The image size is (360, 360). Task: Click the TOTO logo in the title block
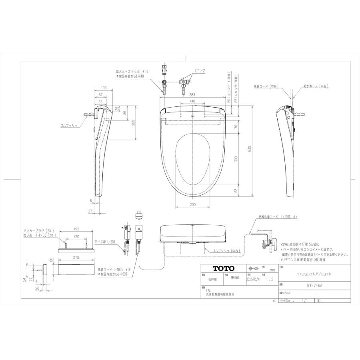coord(219,268)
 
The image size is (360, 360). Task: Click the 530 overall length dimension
coord(250,150)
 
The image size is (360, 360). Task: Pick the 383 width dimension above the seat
coord(192,94)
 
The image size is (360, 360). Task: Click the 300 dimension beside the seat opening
coord(236,159)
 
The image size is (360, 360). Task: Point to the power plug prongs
coord(139,211)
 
